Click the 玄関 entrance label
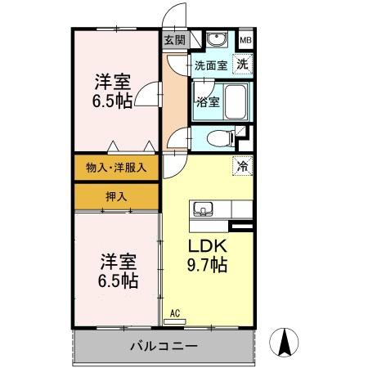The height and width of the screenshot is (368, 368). tap(174, 39)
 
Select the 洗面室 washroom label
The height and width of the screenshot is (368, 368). tap(210, 65)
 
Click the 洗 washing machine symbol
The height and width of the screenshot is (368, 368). tap(243, 64)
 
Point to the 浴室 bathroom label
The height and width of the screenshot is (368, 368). tap(206, 102)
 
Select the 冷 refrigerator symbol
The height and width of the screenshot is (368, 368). tap(243, 165)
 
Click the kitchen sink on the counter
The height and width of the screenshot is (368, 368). tap(204, 207)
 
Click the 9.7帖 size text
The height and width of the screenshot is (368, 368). tap(208, 265)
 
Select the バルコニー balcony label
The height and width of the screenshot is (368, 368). tap(164, 346)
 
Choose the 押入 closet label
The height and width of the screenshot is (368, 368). tap(117, 197)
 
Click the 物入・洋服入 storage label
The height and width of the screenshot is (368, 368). tap(117, 168)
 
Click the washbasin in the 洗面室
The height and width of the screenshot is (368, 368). tap(216, 40)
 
